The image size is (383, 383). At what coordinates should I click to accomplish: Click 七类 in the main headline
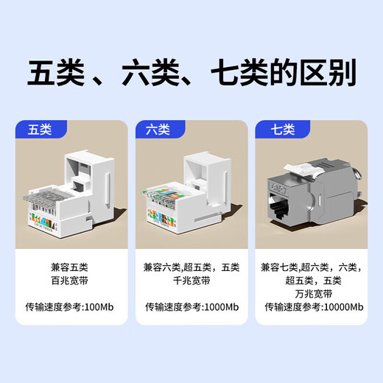point(239,74)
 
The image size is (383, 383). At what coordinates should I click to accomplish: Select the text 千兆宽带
point(191,280)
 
